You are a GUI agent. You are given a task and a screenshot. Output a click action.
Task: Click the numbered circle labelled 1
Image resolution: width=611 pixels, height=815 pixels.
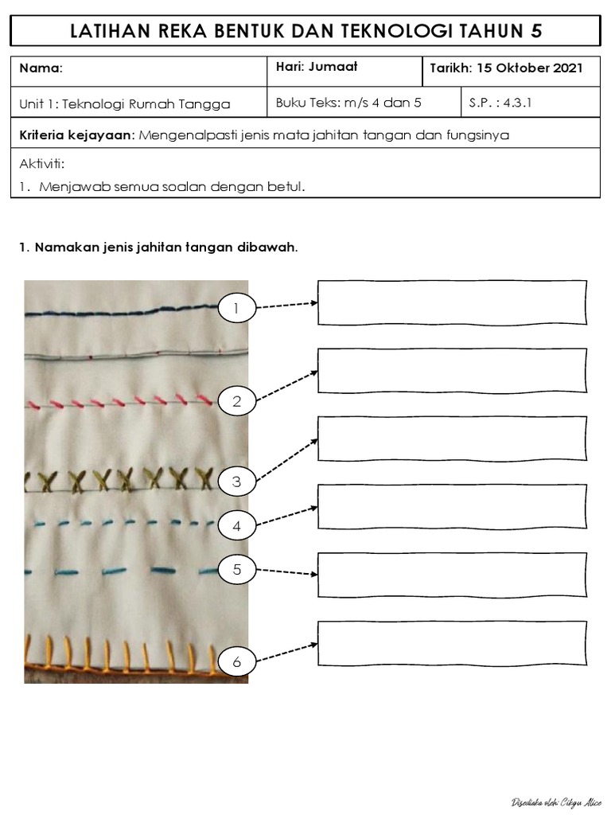[x=236, y=307]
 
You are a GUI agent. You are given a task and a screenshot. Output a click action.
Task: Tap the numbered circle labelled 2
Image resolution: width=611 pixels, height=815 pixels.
[x=236, y=402]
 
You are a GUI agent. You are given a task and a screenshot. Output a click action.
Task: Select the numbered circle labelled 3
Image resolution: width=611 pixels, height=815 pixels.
[x=236, y=482]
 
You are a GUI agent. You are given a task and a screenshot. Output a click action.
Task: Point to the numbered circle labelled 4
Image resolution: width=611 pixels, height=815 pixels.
[x=236, y=526]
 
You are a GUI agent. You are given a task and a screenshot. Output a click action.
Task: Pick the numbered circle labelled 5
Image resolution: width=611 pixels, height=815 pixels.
[x=236, y=570]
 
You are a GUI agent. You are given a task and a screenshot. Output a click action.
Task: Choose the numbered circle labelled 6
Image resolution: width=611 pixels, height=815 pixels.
[x=236, y=662]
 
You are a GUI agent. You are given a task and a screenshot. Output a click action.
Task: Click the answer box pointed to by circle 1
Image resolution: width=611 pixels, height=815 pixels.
[x=452, y=302]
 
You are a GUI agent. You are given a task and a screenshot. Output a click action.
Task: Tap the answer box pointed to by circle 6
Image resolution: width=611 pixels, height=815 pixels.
[x=452, y=643]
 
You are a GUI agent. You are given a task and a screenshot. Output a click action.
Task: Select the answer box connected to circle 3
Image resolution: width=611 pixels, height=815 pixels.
[x=452, y=439]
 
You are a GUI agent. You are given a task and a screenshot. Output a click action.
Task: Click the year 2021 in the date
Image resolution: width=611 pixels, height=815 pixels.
[x=566, y=68]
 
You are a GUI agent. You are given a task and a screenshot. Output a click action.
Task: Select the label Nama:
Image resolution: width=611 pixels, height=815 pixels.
[x=41, y=68]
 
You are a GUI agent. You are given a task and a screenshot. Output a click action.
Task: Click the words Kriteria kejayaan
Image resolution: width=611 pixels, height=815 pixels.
[x=77, y=135]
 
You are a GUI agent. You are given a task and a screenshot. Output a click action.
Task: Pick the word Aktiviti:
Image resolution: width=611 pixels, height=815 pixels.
[x=41, y=164]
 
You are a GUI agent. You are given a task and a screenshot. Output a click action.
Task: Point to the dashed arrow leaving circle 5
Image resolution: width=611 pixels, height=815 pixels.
[x=288, y=571]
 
